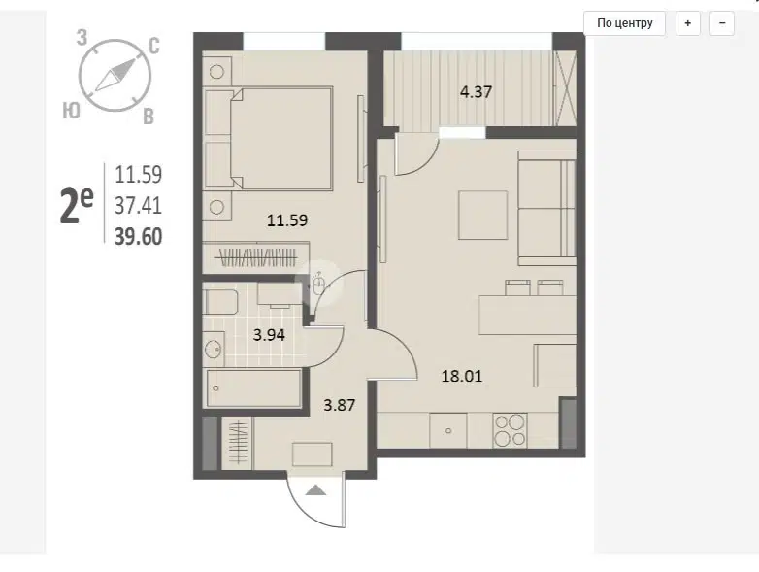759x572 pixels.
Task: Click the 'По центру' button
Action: pyautogui.click(x=624, y=23)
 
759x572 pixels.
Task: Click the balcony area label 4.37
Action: pyautogui.click(x=476, y=92)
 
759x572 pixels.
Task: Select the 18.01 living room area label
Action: pyautogui.click(x=462, y=376)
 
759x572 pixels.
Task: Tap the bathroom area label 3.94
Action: pyautogui.click(x=269, y=335)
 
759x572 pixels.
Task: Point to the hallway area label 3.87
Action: pyautogui.click(x=340, y=405)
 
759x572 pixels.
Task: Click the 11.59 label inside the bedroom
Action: pyautogui.click(x=287, y=220)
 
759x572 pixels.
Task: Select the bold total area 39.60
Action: pyautogui.click(x=139, y=237)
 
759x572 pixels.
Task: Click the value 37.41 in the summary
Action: pyautogui.click(x=139, y=206)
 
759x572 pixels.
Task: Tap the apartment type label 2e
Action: pyautogui.click(x=77, y=206)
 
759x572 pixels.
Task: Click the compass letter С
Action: pyautogui.click(x=154, y=46)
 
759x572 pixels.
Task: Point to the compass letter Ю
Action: pyautogui.click(x=71, y=111)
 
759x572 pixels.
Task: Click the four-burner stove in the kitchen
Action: pyautogui.click(x=510, y=430)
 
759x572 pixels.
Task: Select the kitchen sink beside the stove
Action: pyautogui.click(x=448, y=430)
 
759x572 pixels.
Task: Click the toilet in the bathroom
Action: pyautogui.click(x=220, y=302)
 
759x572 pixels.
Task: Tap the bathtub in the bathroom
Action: pyautogui.click(x=253, y=388)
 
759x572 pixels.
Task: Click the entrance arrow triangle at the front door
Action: pyautogui.click(x=316, y=490)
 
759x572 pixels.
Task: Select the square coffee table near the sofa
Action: pyautogui.click(x=483, y=215)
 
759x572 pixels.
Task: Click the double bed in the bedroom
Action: pyautogui.click(x=269, y=138)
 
